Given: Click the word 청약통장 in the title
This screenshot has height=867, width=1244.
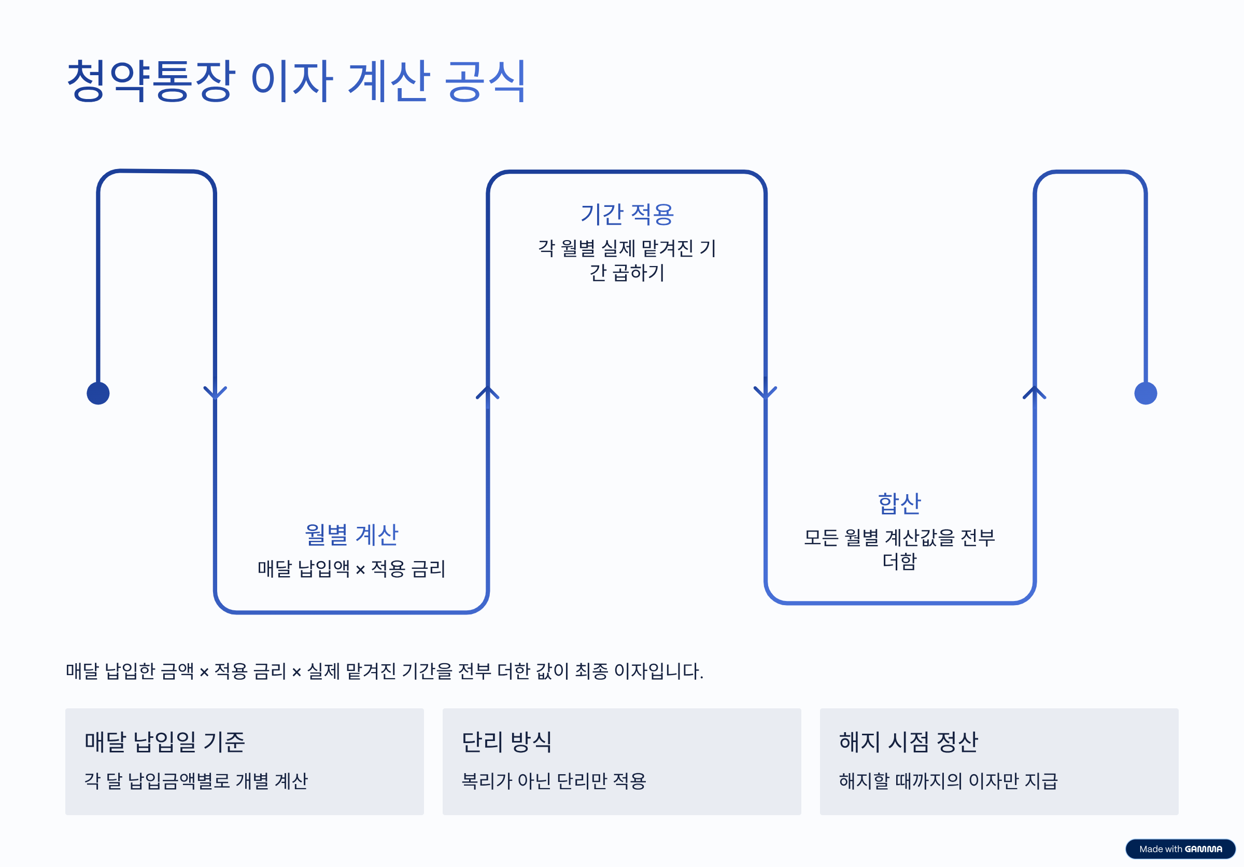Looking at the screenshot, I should tap(151, 81).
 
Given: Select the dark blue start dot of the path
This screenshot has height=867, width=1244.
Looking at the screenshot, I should tap(98, 393).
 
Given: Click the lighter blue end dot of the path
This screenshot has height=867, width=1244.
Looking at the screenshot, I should tap(1146, 393).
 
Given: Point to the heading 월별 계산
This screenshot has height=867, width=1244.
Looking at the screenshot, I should tap(351, 535).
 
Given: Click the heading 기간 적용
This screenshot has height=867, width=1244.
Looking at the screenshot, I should tap(627, 214).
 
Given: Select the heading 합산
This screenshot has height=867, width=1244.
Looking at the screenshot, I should tap(899, 504).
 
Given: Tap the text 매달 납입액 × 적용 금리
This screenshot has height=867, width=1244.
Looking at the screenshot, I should tap(351, 568).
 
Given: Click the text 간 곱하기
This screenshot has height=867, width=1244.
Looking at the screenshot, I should tap(627, 273).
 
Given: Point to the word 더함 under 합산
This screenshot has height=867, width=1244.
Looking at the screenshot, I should tap(899, 562).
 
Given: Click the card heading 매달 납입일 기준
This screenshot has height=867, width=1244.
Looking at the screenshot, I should tap(165, 742).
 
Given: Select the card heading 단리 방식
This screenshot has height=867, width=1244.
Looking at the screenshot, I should tap(506, 742).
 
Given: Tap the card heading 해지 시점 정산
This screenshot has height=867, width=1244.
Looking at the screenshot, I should tap(908, 742).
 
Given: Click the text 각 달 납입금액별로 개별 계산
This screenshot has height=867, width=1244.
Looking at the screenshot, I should tap(196, 781).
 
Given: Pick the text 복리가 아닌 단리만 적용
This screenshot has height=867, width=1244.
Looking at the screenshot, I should tap(554, 781).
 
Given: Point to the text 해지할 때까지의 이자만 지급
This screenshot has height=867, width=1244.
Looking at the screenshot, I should tap(948, 781).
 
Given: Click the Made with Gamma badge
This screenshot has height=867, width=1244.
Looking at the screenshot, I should tap(1180, 848).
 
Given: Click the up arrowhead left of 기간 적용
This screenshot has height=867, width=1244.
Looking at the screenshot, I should tap(488, 393).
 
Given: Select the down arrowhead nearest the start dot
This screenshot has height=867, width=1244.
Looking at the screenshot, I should tap(215, 393).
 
